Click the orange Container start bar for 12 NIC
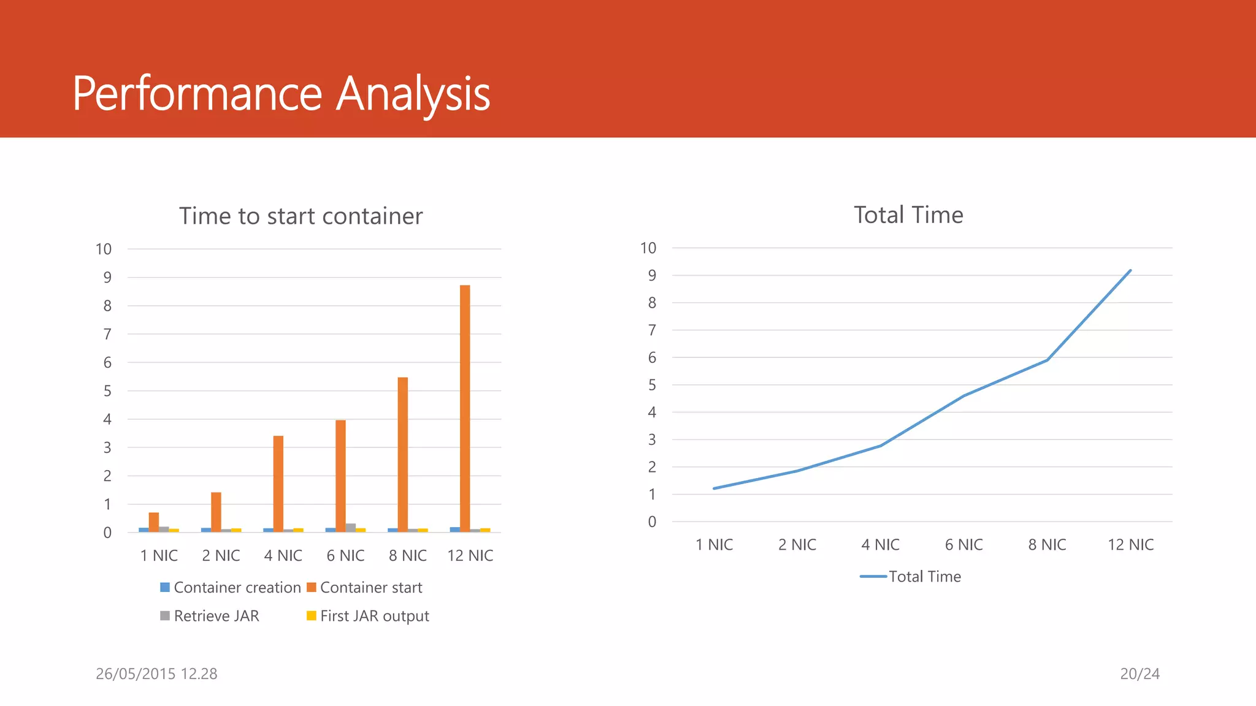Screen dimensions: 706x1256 (x=465, y=408)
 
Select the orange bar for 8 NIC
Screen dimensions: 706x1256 (x=402, y=454)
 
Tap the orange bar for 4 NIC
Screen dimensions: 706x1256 (x=278, y=484)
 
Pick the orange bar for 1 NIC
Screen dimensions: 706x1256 (x=154, y=522)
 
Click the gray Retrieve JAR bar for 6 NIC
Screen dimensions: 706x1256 (x=351, y=528)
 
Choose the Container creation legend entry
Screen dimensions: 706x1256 (x=231, y=587)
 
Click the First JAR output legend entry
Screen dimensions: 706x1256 (x=368, y=616)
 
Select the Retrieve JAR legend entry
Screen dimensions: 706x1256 (x=210, y=616)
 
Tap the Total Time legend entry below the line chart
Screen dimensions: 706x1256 (x=911, y=577)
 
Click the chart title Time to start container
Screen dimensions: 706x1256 (x=301, y=216)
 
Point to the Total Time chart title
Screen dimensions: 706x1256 (x=908, y=215)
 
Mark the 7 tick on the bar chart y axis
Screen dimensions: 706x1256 (x=107, y=334)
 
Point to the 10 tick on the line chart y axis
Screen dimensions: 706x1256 (x=648, y=248)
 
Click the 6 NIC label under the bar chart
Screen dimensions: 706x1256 (x=345, y=556)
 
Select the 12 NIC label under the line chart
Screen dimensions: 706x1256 (x=1130, y=545)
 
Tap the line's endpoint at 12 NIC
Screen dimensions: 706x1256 (x=1130, y=270)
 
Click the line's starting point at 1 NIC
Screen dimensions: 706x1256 (x=714, y=488)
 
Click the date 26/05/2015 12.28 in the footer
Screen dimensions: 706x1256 (x=156, y=674)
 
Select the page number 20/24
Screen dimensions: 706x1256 (x=1139, y=674)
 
